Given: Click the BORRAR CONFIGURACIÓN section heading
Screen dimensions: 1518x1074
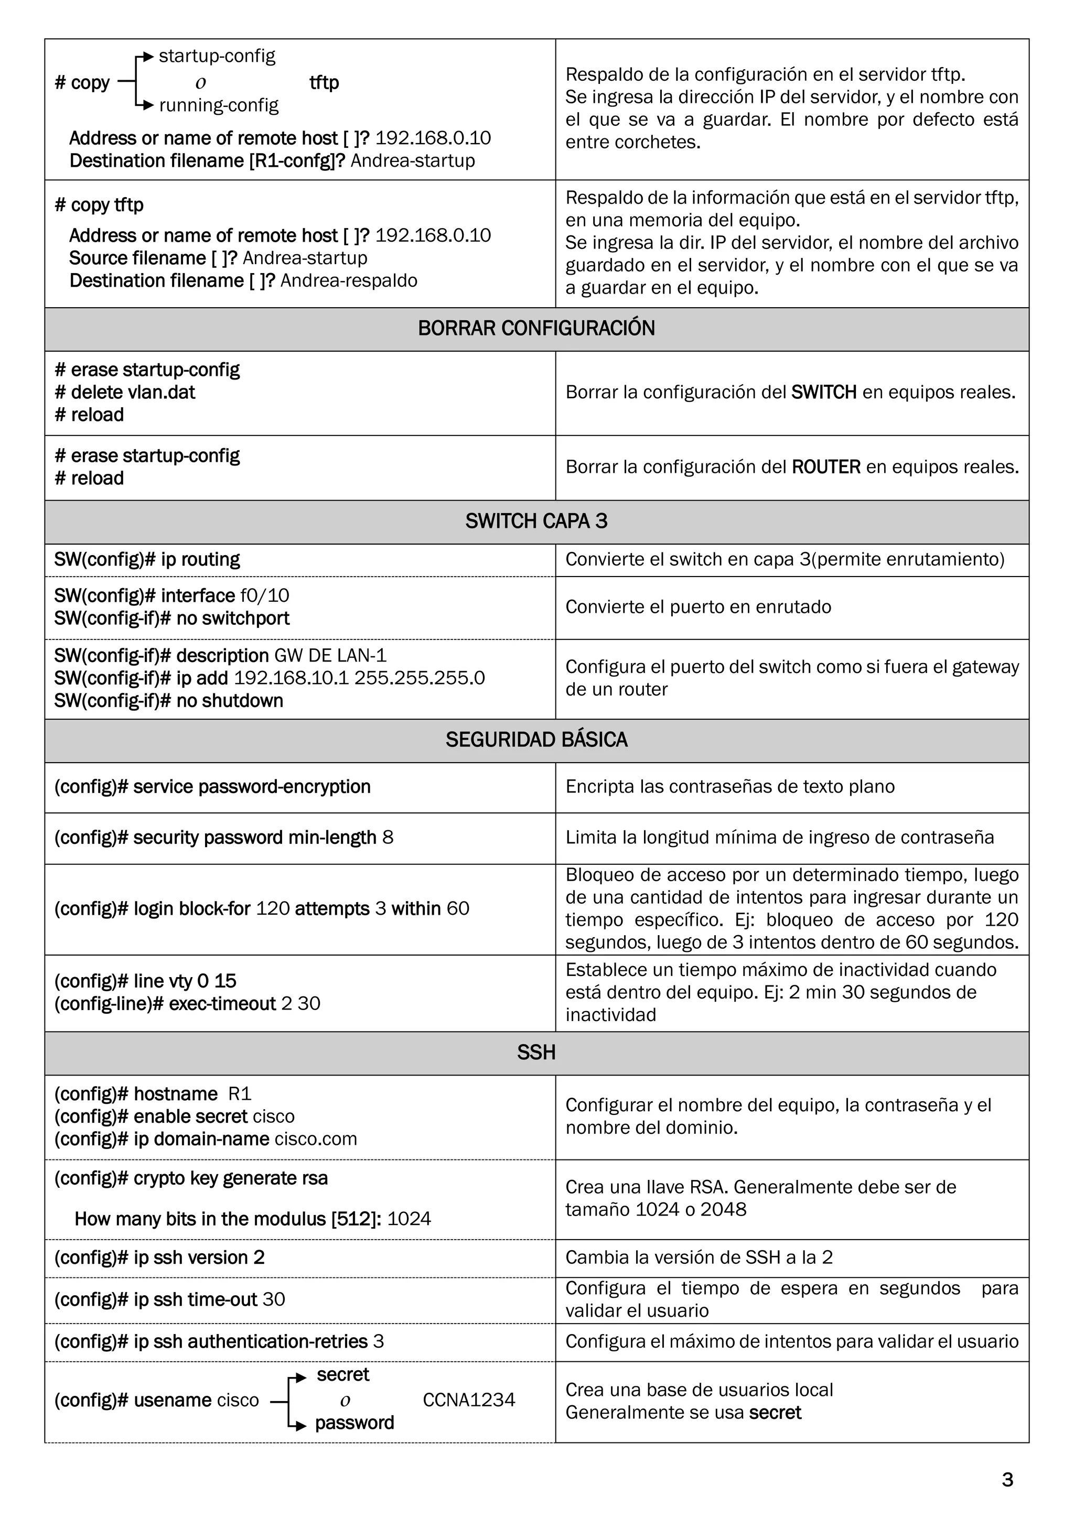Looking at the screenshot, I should click(x=536, y=329).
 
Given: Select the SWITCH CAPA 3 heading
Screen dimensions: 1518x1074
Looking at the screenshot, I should click(x=536, y=522).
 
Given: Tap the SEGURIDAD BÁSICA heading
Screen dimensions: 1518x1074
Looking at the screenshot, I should click(x=536, y=740).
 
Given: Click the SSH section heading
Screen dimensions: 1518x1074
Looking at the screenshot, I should click(x=536, y=1053).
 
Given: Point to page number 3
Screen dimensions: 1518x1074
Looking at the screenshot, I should click(x=1007, y=1480).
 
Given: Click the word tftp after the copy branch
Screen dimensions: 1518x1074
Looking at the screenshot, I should click(x=324, y=83).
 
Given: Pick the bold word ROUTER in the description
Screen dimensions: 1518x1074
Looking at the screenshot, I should click(x=826, y=468).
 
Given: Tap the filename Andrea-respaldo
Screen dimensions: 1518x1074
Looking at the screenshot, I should click(x=349, y=281).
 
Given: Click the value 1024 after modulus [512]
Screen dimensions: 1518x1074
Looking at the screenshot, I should click(x=409, y=1219).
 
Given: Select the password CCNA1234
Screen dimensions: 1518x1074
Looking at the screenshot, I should click(x=469, y=1400).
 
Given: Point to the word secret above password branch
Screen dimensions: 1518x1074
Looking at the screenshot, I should click(x=342, y=1374).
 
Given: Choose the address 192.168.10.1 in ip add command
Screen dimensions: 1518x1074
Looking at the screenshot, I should click(x=291, y=678).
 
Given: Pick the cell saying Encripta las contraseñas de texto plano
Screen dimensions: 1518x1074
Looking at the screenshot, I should click(x=729, y=787).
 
